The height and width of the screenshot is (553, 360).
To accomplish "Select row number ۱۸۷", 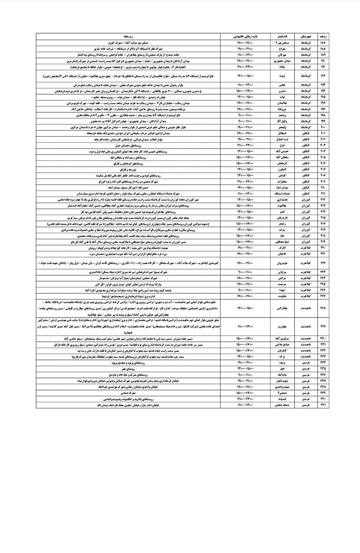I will (324, 44).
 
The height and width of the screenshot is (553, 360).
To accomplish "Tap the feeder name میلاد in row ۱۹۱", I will (280, 67).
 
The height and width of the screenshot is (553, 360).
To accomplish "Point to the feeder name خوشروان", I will (280, 262).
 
